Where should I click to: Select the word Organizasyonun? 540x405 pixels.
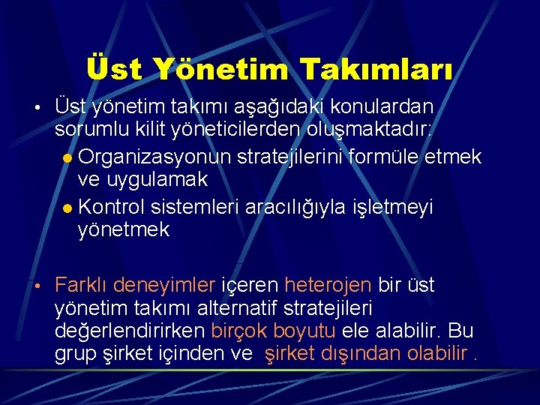tap(154, 157)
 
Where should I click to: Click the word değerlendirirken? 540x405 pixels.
tap(130, 331)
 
